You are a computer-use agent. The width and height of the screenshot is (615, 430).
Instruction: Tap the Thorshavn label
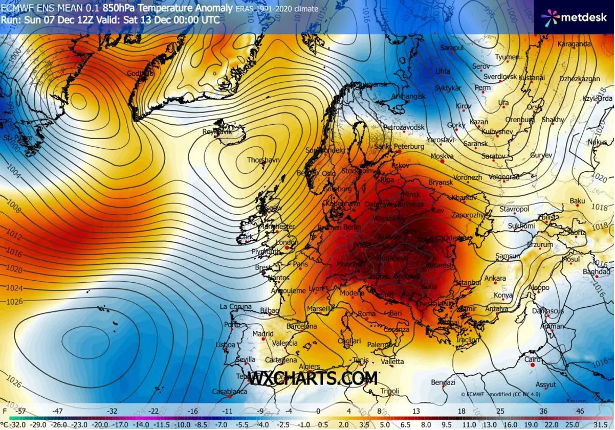[x=263, y=160]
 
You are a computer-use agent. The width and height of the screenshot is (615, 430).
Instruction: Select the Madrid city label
[x=263, y=334]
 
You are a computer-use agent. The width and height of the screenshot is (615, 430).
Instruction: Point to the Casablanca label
[x=230, y=392]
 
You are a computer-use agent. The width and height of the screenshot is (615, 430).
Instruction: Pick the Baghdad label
[x=596, y=271]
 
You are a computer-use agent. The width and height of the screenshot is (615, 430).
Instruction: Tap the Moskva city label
[x=442, y=156]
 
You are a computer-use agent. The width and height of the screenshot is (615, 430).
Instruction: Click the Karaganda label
[x=574, y=44]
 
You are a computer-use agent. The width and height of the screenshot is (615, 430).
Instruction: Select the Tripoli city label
[x=390, y=392]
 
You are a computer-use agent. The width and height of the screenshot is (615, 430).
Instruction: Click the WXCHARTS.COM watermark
[x=313, y=378]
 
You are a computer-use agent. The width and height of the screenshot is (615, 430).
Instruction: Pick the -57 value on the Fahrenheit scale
[x=21, y=411]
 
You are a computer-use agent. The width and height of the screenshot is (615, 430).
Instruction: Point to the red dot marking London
[x=288, y=248]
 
